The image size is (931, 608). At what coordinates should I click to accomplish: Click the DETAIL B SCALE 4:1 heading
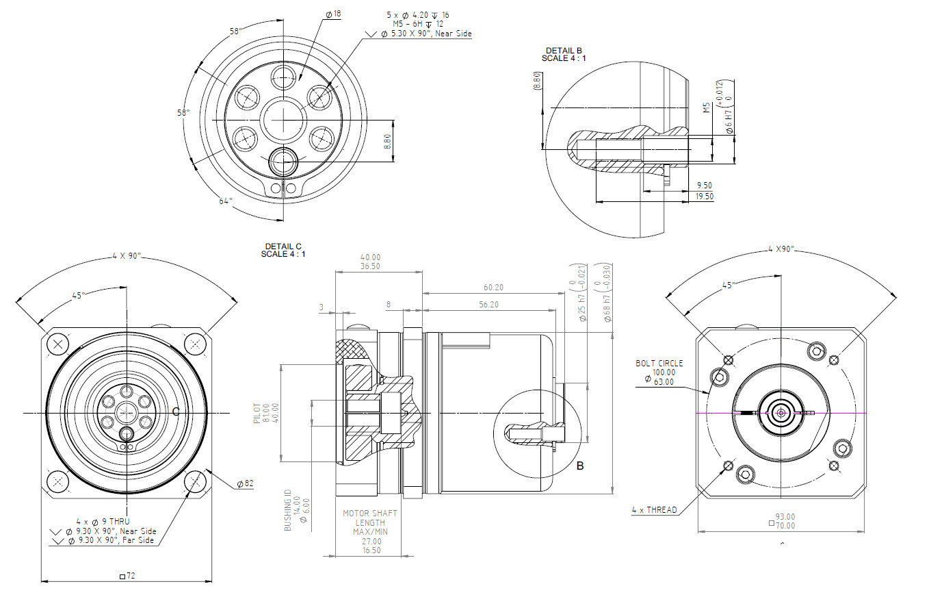point(564,54)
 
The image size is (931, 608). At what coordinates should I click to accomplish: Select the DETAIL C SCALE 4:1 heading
point(283,250)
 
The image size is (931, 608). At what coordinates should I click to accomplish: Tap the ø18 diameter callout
point(333,14)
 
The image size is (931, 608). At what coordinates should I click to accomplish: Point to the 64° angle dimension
point(226,201)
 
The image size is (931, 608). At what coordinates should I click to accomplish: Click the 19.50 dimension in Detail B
point(704,196)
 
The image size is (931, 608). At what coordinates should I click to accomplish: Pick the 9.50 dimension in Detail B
point(704,186)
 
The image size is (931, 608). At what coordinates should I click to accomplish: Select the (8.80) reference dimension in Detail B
point(537,82)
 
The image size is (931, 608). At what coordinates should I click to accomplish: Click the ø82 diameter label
point(245,483)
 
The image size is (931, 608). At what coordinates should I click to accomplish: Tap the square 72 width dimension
point(127,576)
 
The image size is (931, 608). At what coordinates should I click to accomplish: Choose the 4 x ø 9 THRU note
point(103,521)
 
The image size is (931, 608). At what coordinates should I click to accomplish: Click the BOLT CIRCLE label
point(659,363)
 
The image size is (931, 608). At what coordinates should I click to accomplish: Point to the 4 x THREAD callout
point(655,509)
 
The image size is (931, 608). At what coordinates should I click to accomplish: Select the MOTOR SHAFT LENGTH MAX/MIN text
point(370,522)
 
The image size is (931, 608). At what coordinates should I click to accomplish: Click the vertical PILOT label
point(258,413)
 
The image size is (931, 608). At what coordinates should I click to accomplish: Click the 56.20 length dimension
point(488,305)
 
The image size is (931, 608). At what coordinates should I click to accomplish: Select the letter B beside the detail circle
point(579,466)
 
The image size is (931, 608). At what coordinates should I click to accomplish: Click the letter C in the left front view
point(176,411)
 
